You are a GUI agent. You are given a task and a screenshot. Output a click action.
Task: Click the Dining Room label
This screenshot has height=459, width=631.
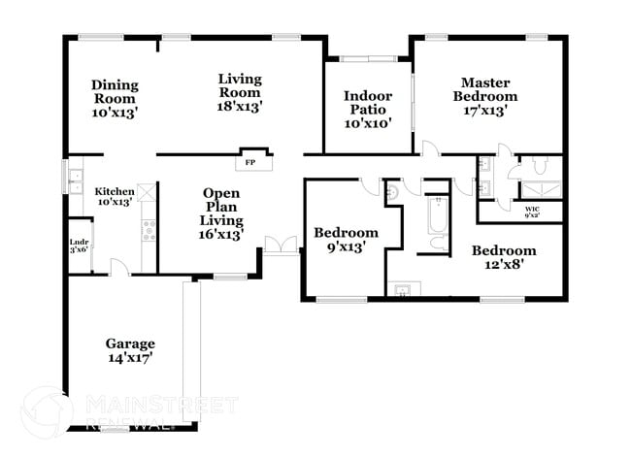pos(115,98)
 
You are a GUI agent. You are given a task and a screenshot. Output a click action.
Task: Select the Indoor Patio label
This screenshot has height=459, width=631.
pos(368,109)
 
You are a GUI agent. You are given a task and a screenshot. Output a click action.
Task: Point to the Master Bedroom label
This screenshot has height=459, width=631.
pos(488,96)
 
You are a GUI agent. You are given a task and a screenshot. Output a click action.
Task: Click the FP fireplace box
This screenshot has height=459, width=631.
pos(249,162)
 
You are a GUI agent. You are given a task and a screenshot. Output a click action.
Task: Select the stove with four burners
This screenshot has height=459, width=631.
pos(149,230)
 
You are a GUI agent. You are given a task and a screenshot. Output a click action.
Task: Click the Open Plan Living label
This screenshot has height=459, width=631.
pos(221,213)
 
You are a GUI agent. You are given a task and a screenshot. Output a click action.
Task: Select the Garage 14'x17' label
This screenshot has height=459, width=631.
pos(130,350)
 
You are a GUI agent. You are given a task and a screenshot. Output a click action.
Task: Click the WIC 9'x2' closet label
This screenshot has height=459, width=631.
pos(532,212)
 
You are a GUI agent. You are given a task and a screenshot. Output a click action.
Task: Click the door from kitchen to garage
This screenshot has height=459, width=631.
pos(116,266)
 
